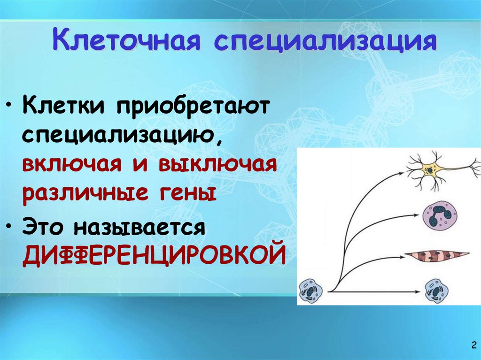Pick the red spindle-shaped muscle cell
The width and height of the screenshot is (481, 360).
click(437, 256)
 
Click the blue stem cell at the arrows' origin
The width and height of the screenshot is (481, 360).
click(310, 291)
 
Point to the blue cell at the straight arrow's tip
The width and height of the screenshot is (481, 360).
click(436, 291)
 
